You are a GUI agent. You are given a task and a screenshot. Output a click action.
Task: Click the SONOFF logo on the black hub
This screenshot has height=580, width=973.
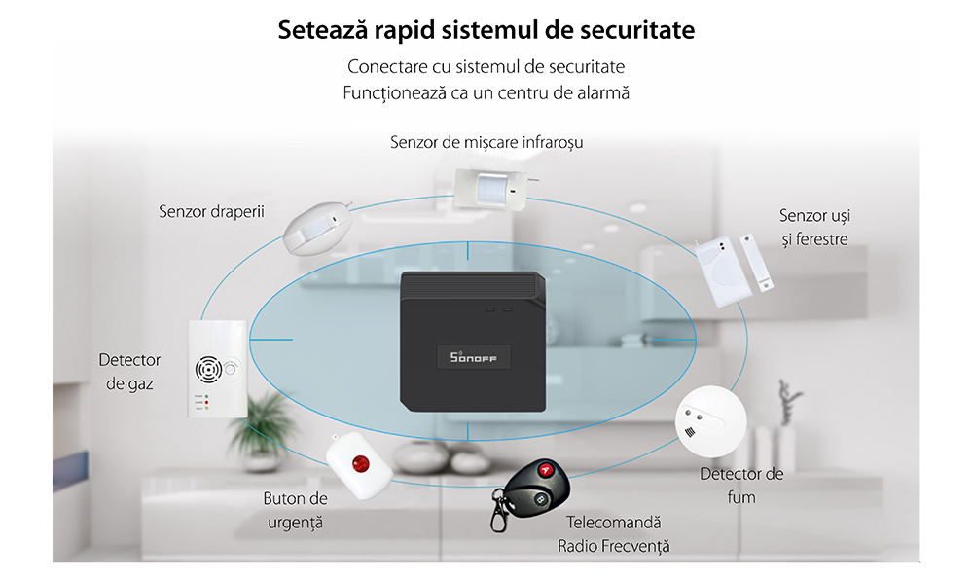point(474,357)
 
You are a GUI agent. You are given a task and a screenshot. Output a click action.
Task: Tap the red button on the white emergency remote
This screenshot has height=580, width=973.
point(361,463)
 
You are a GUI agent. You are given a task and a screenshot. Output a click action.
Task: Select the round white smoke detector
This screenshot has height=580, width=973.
point(710,421)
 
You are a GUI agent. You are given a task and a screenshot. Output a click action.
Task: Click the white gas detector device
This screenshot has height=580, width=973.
point(218,369)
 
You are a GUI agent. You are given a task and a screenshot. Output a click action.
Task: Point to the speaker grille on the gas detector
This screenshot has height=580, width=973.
point(208,370)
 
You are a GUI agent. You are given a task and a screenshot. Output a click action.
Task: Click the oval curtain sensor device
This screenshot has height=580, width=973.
point(317,228)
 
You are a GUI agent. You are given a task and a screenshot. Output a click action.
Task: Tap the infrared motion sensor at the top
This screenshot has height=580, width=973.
point(492,188)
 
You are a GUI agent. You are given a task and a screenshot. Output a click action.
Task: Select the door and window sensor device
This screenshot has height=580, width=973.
point(734,270)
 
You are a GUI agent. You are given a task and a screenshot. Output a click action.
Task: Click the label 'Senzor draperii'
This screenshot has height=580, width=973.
point(211,211)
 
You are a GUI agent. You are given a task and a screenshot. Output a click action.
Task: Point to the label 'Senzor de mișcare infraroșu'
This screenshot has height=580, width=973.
point(486,143)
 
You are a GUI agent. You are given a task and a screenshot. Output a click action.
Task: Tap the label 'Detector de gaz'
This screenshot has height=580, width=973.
point(129,372)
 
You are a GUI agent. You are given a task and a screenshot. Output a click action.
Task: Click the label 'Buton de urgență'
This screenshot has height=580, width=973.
point(296,511)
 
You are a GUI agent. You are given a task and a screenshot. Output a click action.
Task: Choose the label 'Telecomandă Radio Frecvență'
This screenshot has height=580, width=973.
point(614,534)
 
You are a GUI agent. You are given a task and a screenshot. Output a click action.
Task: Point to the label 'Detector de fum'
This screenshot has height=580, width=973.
point(741,486)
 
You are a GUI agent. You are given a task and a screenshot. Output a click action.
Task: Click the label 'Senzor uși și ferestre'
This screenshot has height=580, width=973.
point(814,228)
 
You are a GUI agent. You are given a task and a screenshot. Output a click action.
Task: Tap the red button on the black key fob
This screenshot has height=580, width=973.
point(546,470)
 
